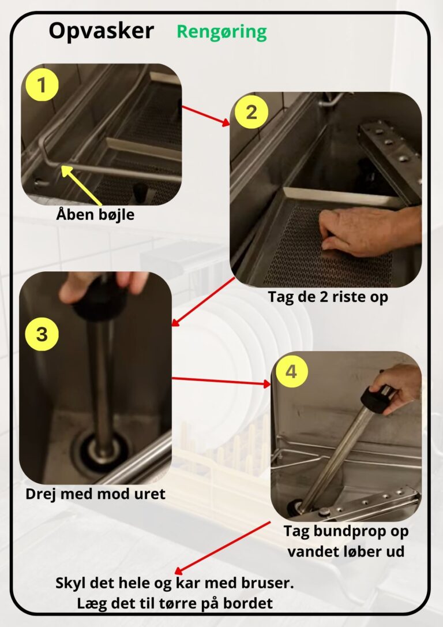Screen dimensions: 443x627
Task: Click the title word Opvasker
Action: pos(101,31)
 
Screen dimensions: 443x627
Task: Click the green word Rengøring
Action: pos(221,32)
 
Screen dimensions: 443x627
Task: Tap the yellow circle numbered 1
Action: pos(42,85)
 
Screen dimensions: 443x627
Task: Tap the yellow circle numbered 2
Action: pos(251,112)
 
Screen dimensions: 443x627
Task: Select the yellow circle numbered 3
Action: pos(42,334)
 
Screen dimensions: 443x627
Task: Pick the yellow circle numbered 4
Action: pos(292,371)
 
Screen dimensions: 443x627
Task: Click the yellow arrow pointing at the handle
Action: pos(81,185)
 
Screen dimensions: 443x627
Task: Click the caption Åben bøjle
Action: pos(95,215)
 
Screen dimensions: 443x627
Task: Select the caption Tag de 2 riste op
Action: pos(328,297)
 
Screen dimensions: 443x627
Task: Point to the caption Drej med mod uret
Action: pos(96,494)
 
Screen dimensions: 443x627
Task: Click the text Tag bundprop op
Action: pos(346,531)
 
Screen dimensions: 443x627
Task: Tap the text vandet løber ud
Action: pos(346,551)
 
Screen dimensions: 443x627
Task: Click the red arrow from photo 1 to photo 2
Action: pos(206,115)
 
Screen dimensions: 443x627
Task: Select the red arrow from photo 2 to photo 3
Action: pos(203,301)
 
